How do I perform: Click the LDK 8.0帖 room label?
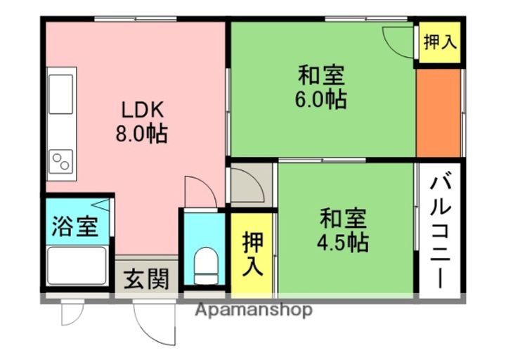pos(142,122)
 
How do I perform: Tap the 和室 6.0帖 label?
pos(321,86)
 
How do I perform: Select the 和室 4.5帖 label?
pos(343,230)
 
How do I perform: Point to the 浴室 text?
pos(75,226)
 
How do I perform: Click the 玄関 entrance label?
pos(147,279)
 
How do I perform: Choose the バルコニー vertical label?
pos(440,232)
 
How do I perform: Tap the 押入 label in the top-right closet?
pos(440,42)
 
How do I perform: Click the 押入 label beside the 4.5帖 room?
pos(253,254)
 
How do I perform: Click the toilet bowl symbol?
pos(206,266)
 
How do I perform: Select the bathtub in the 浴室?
pos(77,266)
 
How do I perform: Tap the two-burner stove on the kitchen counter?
pos(61,162)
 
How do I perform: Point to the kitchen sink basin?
pos(60,94)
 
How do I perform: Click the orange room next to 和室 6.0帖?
pos(439,113)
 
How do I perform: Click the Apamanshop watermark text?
pos(254,310)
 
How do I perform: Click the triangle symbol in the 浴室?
pos(101,205)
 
